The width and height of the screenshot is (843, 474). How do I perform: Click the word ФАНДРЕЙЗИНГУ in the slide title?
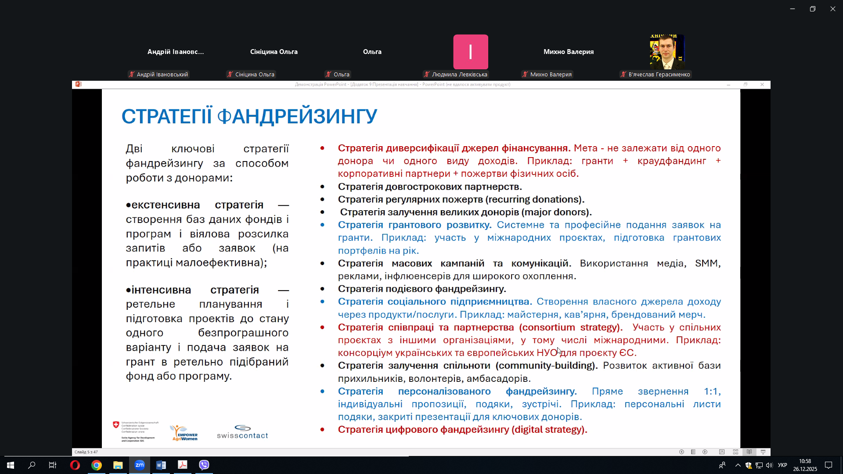click(297, 116)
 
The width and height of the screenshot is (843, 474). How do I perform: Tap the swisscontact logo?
click(242, 432)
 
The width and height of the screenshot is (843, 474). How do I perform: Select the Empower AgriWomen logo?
click(184, 433)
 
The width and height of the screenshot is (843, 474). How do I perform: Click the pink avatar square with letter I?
click(470, 52)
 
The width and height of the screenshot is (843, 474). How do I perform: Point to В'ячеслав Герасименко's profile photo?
click(667, 52)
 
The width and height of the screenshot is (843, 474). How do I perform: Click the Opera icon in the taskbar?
click(75, 465)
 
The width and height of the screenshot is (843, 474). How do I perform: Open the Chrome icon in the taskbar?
click(97, 465)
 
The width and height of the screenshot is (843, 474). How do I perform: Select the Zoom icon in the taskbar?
click(140, 465)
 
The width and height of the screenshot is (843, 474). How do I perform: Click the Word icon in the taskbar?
click(161, 465)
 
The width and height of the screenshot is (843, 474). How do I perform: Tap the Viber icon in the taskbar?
click(204, 465)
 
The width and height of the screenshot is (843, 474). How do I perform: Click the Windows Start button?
click(11, 465)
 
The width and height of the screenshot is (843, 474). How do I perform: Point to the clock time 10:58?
click(805, 461)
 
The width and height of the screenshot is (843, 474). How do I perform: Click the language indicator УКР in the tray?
click(782, 465)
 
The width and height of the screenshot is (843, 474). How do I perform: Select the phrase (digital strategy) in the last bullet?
click(549, 430)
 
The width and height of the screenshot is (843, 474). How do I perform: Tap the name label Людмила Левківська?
click(459, 75)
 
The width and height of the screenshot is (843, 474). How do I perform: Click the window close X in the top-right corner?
click(832, 9)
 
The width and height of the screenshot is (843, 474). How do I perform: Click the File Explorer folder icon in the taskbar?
click(118, 465)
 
